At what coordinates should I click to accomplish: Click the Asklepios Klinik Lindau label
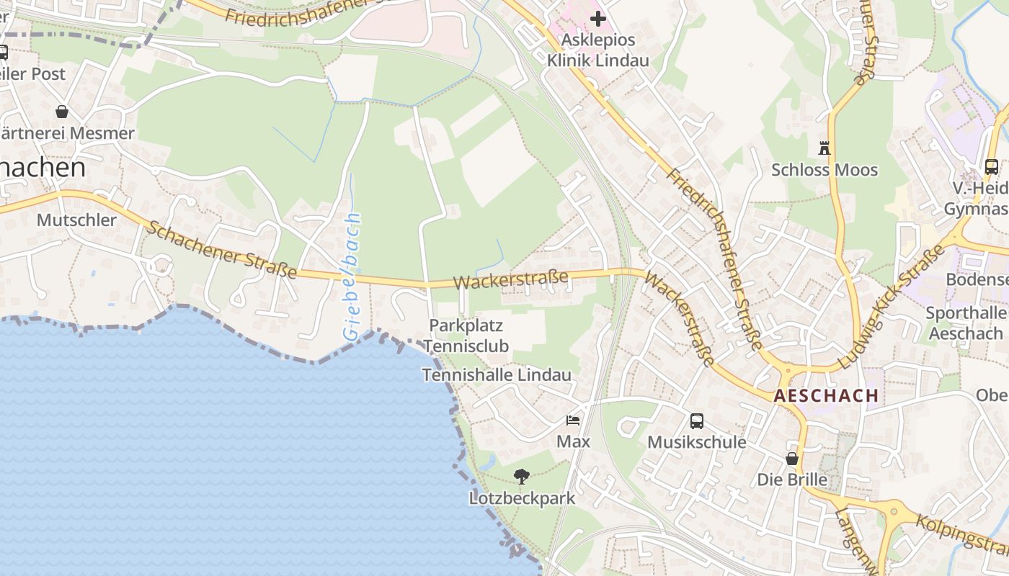(597, 50)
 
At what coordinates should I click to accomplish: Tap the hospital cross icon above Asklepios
(598, 19)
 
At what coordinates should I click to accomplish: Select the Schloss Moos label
(824, 170)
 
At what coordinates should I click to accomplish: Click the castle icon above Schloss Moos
(824, 148)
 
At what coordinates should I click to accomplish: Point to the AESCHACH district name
(826, 395)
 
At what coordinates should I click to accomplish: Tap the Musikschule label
(696, 441)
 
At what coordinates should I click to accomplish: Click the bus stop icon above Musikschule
(696, 421)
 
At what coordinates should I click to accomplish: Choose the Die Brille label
(791, 480)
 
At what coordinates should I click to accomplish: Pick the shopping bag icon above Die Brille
(792, 459)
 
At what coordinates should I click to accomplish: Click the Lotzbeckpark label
(522, 498)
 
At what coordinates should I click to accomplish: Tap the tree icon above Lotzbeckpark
(522, 476)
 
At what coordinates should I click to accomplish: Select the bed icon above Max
(573, 420)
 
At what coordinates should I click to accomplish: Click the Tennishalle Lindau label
(497, 375)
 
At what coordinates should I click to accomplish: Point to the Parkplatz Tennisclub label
(466, 336)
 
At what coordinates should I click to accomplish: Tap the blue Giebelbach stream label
(351, 276)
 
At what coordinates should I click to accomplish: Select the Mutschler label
(76, 220)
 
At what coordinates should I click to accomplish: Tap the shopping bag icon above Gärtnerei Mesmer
(62, 112)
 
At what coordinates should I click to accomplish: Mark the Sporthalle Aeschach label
(966, 323)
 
